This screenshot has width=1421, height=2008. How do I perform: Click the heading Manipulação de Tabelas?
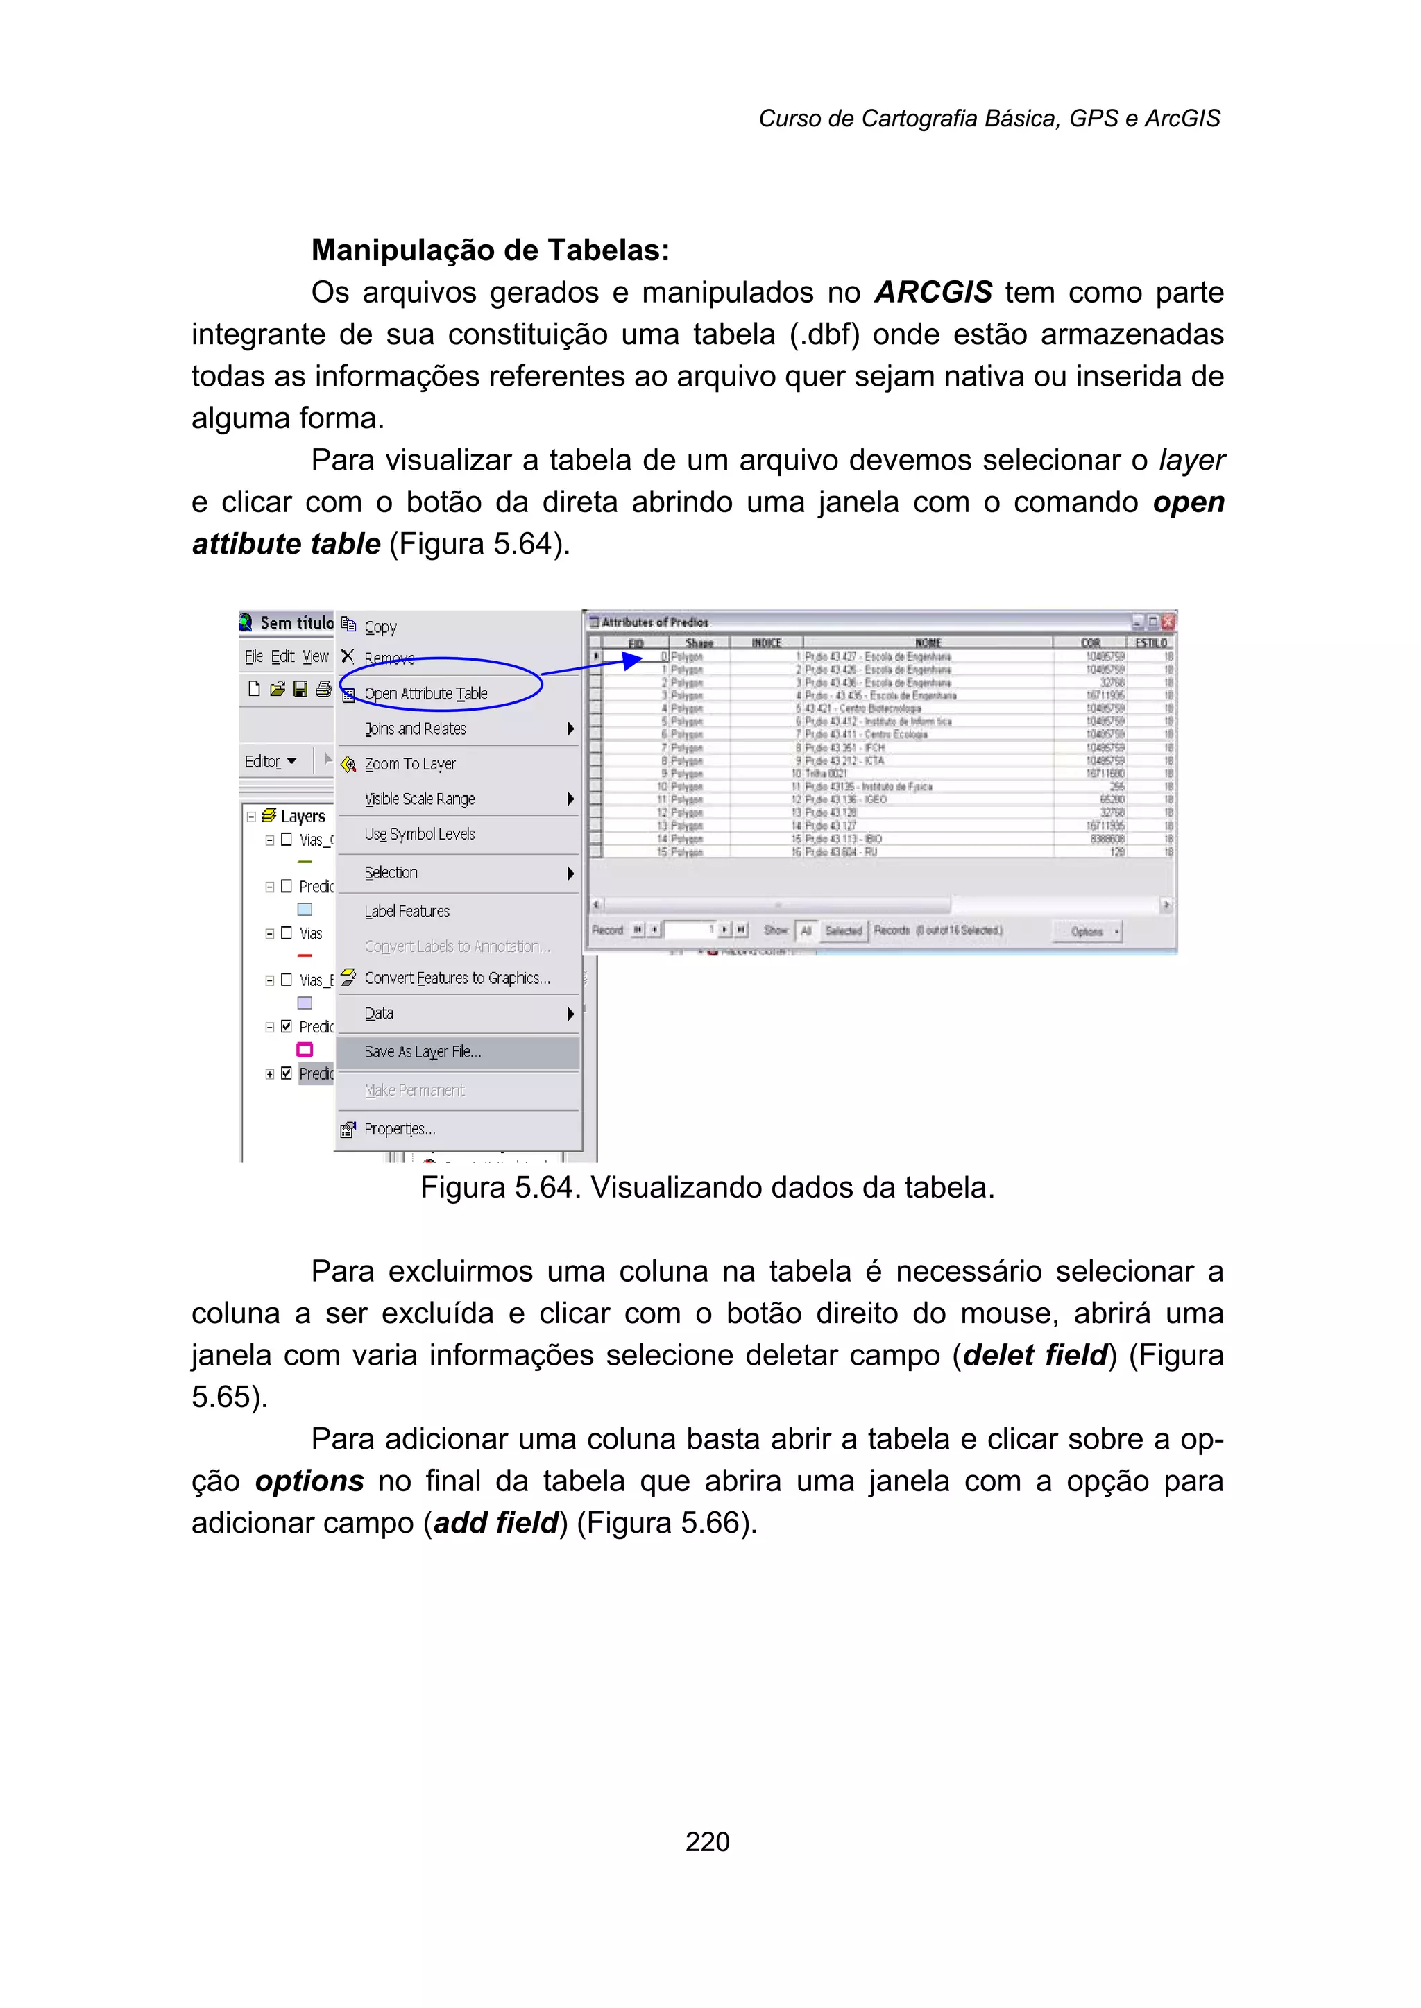[490, 250]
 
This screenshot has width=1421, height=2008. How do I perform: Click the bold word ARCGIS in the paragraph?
[933, 292]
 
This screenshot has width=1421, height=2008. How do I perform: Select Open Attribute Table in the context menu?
[425, 694]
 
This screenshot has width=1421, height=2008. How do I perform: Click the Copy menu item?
[380, 627]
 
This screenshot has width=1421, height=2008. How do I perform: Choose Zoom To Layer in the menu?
[409, 764]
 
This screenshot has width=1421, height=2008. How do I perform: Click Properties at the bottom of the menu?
[399, 1129]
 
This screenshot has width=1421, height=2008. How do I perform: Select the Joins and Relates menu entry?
[415, 729]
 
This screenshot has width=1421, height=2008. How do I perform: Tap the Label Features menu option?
[407, 911]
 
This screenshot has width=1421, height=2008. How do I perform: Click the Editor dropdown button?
[269, 761]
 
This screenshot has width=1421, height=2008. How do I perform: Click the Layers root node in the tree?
[302, 817]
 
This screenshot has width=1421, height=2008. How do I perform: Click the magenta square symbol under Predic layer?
[305, 1050]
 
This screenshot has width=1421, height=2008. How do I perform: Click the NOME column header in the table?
[928, 643]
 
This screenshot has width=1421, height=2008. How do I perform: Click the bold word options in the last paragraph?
[309, 1481]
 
